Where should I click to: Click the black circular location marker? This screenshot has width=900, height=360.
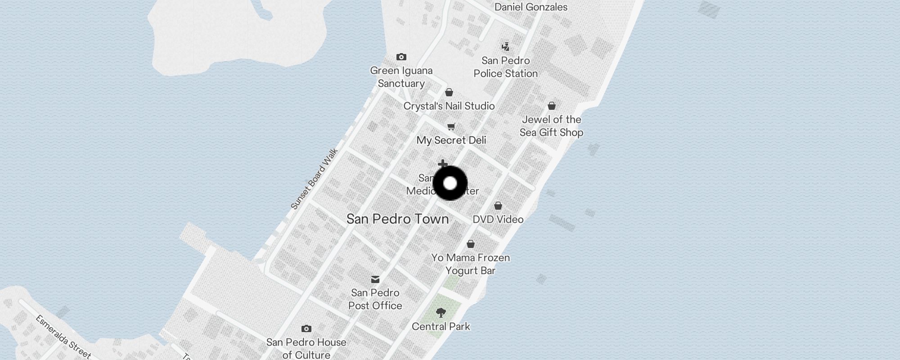(450, 183)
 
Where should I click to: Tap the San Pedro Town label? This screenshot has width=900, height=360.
(397, 219)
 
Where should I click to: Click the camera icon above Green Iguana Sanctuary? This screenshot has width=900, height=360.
(401, 57)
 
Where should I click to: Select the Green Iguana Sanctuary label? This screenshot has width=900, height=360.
(401, 77)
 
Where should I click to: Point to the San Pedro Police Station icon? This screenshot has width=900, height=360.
(506, 47)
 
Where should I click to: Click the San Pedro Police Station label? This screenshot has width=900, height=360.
(505, 67)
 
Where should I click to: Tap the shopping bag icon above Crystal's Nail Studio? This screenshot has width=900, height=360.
(449, 92)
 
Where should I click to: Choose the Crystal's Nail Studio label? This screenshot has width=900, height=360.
(449, 106)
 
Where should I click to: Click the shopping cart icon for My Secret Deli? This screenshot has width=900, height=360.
(451, 126)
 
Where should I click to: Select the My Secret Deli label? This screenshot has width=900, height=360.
(451, 140)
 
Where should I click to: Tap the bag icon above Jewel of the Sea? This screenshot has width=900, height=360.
(552, 106)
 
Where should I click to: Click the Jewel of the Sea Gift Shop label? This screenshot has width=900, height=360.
(551, 126)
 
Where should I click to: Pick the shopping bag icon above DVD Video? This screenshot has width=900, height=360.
(498, 206)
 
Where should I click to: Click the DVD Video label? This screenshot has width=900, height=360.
(498, 220)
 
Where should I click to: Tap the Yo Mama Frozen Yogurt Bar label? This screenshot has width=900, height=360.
(471, 264)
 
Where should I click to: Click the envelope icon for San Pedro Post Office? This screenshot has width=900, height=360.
(375, 279)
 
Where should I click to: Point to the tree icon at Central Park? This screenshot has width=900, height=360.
(441, 312)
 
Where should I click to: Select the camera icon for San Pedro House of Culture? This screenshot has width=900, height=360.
(306, 328)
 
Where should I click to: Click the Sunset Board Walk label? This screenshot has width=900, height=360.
(314, 179)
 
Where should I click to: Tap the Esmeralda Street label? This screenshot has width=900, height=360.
(63, 337)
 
